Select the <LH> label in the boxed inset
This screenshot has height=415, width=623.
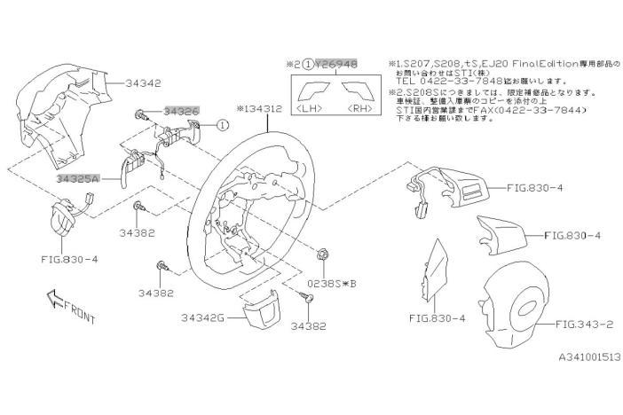click(x=309, y=109)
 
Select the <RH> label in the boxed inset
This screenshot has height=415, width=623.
click(x=360, y=109)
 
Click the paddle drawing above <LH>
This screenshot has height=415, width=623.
click(x=311, y=90)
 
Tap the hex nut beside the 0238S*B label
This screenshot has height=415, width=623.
click(x=323, y=255)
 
